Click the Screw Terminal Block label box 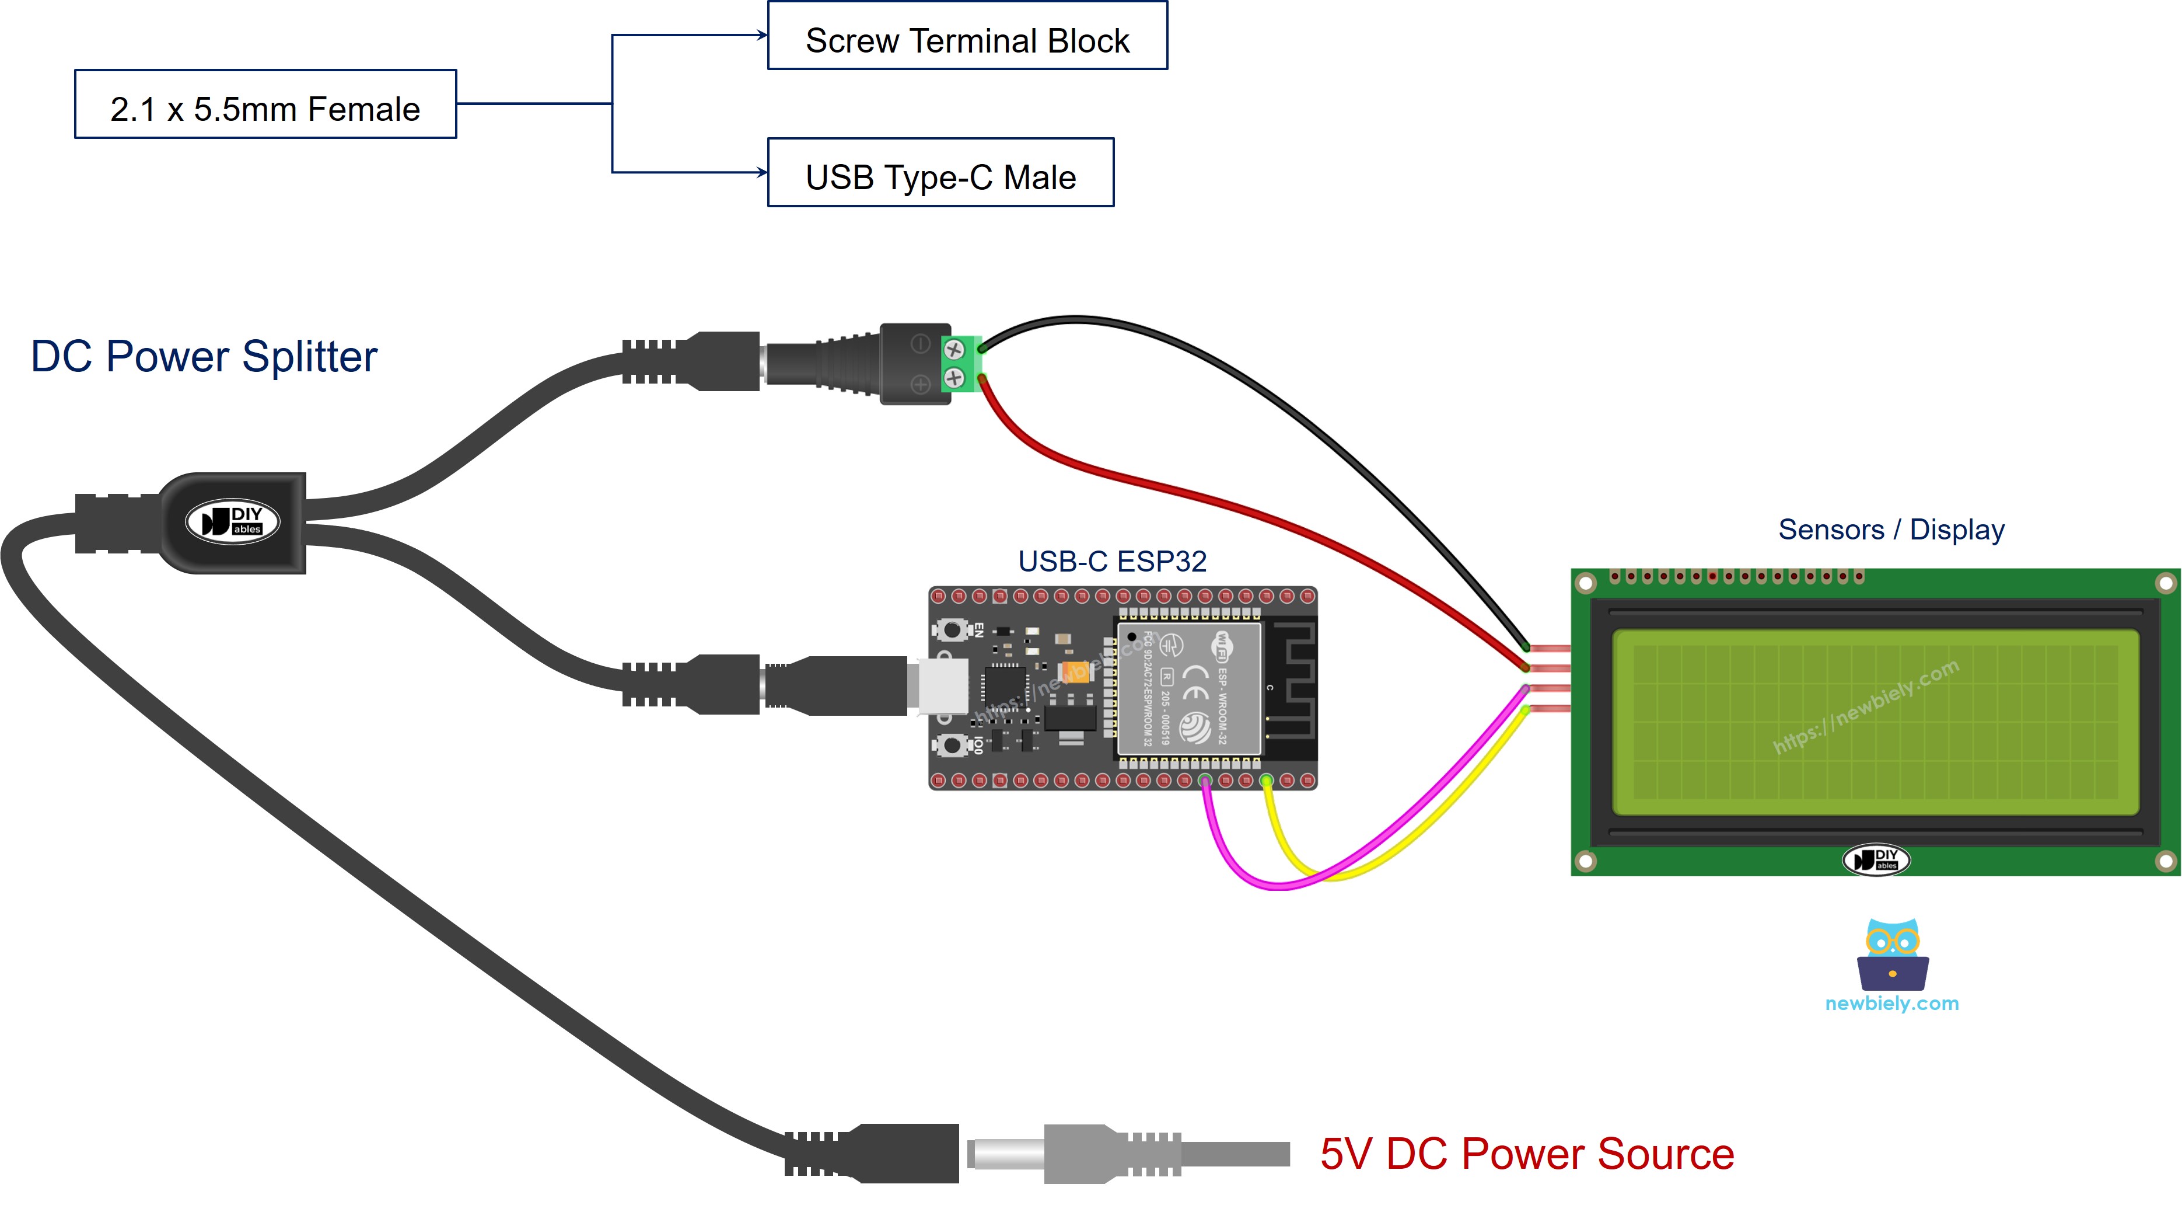(x=967, y=36)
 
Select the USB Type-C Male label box (x=940, y=173)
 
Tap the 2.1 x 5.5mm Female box (x=265, y=105)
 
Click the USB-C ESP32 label (x=1111, y=561)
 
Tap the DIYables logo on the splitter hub (x=233, y=520)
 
